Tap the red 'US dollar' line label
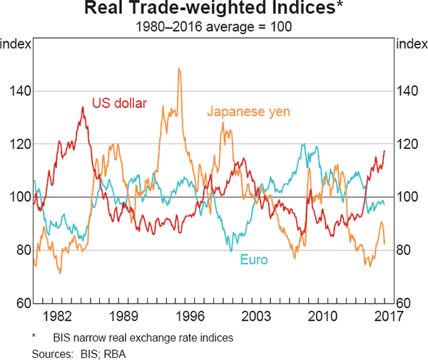pyautogui.click(x=120, y=103)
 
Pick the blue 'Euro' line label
pyautogui.click(x=254, y=260)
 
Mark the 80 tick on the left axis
pyautogui.click(x=20, y=250)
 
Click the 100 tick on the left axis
pyautogui.click(x=17, y=197)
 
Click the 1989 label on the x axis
pyautogui.click(x=123, y=316)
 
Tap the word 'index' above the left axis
pyautogui.click(x=16, y=44)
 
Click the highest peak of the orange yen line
pyautogui.click(x=178, y=68)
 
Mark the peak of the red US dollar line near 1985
pyautogui.click(x=83, y=108)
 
